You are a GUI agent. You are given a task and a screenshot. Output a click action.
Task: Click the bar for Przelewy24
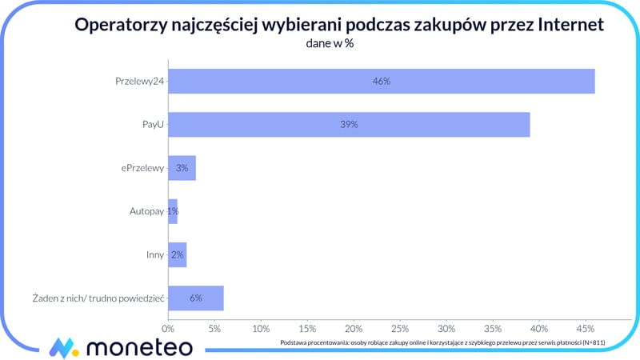point(381,82)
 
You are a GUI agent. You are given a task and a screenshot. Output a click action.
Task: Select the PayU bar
point(349,125)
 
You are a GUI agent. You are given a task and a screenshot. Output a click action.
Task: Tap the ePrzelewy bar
point(182,168)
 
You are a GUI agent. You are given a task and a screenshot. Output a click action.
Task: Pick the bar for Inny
point(177,255)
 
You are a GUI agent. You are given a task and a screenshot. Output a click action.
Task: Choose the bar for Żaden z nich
point(195,298)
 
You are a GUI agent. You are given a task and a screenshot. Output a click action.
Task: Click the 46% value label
point(381,82)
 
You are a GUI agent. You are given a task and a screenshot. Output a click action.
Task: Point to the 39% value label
point(349,125)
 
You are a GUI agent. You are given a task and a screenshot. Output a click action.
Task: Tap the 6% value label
point(195,298)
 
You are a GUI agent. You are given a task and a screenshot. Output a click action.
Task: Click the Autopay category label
point(146,211)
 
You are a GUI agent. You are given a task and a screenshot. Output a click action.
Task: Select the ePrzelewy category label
point(141,168)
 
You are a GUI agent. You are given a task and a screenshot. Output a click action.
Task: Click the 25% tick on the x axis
point(400,328)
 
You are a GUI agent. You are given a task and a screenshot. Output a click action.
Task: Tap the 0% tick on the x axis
point(168,328)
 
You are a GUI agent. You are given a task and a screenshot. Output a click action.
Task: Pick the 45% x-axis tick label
point(585,328)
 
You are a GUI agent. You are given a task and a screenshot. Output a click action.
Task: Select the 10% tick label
point(261,328)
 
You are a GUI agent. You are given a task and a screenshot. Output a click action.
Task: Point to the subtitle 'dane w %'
point(330,44)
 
